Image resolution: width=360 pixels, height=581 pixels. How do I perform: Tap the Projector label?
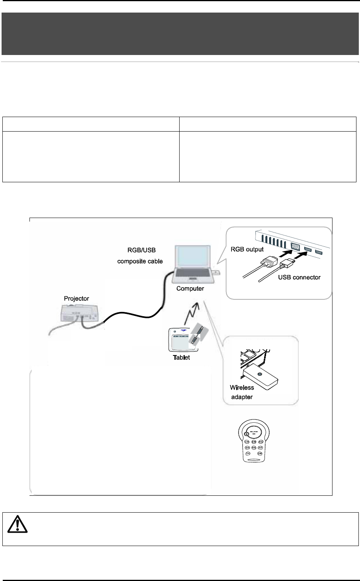click(x=77, y=299)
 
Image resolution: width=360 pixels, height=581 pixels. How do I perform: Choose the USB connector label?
click(x=299, y=277)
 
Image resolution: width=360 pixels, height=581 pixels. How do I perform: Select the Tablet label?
click(x=181, y=357)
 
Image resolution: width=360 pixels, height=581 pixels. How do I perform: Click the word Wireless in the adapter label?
click(x=242, y=387)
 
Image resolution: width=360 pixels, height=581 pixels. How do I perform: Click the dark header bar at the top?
click(x=180, y=34)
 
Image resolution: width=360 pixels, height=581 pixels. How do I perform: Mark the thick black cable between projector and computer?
click(x=134, y=315)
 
